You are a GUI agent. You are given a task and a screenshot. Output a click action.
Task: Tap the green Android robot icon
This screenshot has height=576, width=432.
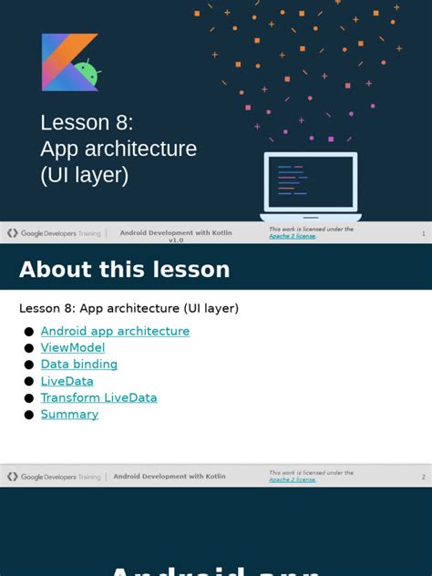pos(87,74)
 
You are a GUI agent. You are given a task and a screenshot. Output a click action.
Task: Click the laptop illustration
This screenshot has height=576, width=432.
pos(311,187)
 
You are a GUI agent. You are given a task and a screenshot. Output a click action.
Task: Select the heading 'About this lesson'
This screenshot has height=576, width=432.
pos(124,270)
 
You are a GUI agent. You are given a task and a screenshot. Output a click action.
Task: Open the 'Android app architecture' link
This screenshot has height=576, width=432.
pos(115,331)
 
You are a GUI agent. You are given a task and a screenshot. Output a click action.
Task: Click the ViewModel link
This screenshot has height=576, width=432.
pos(73,347)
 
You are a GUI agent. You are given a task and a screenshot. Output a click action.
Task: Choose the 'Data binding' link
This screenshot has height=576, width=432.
pos(79,364)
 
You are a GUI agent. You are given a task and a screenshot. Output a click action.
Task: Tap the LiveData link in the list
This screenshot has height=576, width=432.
pos(67,381)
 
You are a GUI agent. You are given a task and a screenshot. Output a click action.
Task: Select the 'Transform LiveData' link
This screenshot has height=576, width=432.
pos(98,397)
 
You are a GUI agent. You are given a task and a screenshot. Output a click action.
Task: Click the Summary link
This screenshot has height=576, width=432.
pos(69,414)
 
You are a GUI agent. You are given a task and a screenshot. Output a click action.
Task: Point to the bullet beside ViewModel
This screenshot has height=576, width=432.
pos(29,348)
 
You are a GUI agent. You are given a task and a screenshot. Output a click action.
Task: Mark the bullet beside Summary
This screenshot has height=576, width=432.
pos(29,415)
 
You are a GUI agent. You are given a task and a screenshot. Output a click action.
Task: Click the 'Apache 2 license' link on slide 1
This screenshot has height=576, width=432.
pos(292,236)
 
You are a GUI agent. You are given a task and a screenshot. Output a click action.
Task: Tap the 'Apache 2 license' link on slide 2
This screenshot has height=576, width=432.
pos(292,479)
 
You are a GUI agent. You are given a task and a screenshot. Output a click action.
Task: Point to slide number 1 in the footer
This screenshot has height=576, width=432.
pos(423,233)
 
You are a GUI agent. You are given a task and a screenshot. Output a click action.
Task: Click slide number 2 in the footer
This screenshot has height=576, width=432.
pos(423,477)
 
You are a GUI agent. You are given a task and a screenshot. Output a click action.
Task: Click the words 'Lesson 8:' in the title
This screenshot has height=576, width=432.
pos(87,123)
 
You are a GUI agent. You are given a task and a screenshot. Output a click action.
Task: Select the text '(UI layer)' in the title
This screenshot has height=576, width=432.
pos(84,175)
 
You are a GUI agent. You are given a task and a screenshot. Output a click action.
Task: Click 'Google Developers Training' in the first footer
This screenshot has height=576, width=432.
pos(55,233)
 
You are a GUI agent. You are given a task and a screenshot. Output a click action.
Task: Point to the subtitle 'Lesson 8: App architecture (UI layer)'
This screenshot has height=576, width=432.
pos(129,308)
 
